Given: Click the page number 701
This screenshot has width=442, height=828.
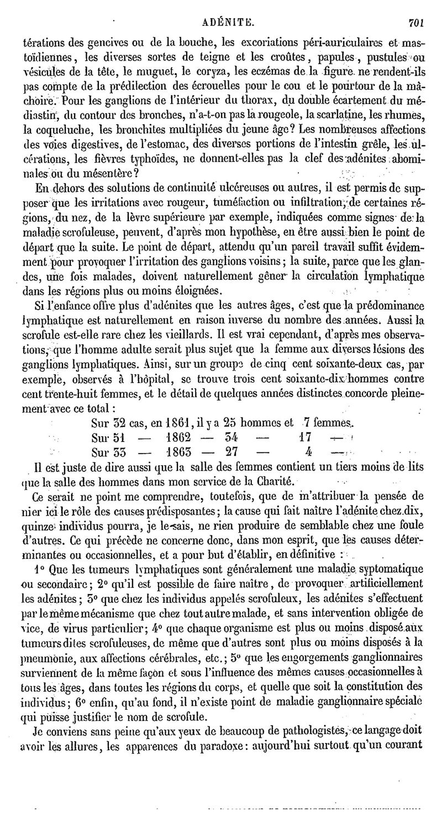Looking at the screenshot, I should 415,8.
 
